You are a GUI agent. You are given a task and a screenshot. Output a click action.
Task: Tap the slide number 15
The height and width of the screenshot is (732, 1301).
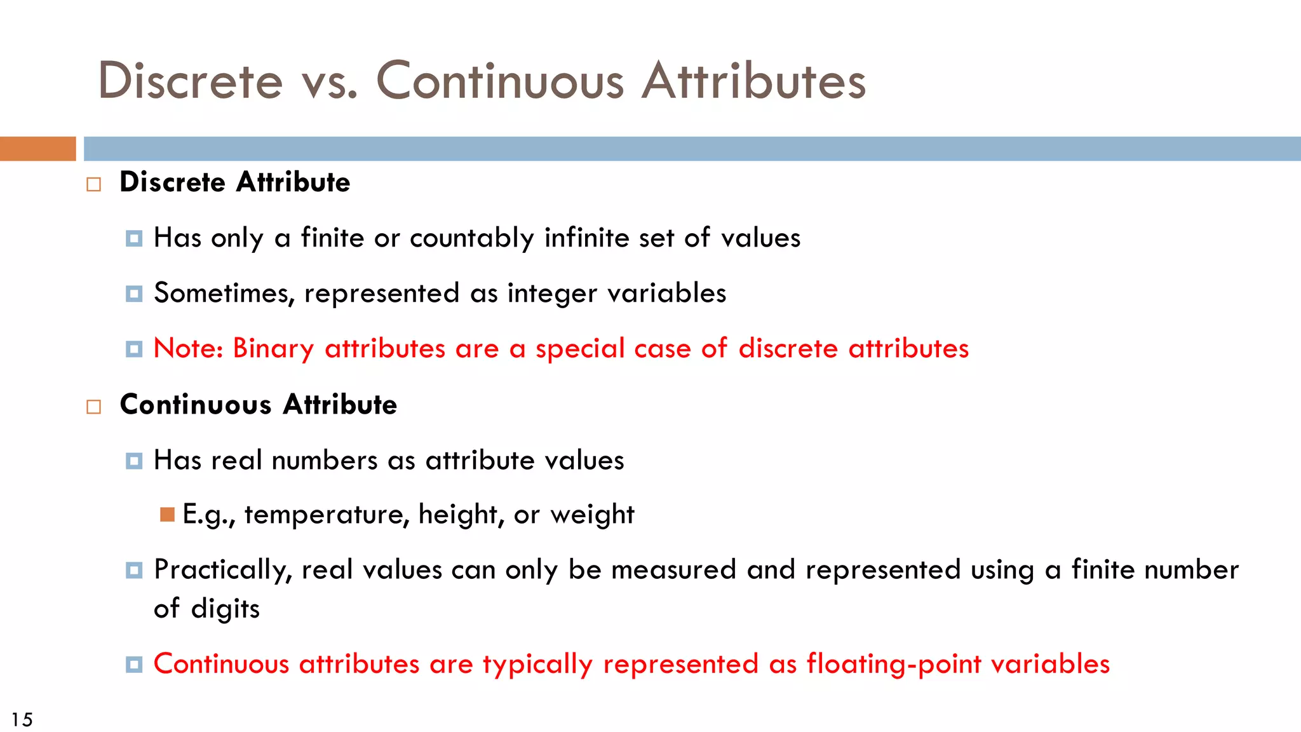click(22, 719)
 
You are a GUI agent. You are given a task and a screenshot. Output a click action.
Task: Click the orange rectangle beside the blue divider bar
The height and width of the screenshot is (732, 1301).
click(37, 149)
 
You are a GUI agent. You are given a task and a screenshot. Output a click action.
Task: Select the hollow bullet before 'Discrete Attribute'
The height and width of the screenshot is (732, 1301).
click(94, 184)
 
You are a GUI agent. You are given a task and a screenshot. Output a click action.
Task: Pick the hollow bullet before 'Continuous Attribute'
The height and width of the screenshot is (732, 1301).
click(94, 407)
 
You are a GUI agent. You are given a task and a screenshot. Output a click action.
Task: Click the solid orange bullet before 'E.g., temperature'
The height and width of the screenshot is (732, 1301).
click(168, 514)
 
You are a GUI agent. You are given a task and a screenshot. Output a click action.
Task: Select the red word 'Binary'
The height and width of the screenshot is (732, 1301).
click(273, 349)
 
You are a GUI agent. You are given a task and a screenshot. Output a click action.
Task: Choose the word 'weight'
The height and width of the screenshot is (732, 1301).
click(592, 515)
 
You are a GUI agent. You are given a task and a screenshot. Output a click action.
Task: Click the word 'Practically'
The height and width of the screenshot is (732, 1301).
click(222, 570)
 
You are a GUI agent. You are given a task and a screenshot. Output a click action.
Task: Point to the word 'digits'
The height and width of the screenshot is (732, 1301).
click(226, 609)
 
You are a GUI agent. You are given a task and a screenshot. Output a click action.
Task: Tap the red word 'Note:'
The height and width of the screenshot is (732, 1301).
click(188, 349)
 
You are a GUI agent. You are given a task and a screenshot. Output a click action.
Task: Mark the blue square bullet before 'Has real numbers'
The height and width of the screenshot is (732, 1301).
click(134, 461)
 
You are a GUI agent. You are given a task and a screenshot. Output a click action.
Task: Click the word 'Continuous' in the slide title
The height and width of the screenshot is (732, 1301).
click(500, 81)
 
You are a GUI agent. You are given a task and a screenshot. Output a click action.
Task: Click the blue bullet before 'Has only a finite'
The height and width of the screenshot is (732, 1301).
click(134, 238)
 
